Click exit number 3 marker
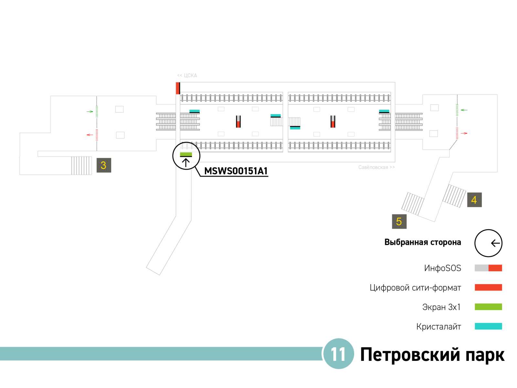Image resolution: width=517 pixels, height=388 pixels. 104,165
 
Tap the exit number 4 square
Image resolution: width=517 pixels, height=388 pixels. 474,200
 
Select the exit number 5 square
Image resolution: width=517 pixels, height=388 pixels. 399,221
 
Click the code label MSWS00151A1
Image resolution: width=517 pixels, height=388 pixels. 236,171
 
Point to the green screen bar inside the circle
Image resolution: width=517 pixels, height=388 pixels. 186,154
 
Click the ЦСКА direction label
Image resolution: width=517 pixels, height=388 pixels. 187,76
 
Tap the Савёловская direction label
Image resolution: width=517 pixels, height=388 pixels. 376,167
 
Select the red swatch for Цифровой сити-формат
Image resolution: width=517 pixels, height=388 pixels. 488,287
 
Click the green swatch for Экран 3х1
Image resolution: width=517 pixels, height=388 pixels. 488,307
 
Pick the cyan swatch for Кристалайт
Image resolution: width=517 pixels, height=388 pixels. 488,326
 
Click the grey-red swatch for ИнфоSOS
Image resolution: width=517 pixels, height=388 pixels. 488,268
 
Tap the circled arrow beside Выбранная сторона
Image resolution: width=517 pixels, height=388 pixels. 488,243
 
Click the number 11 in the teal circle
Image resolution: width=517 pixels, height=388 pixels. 338,354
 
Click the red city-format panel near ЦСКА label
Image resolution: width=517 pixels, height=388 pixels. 178,88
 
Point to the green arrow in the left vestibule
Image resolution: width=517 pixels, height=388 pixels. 90,112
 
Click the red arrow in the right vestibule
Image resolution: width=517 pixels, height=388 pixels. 464,133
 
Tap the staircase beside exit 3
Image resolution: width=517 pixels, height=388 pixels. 81,166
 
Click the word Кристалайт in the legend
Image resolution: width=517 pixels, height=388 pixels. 438,327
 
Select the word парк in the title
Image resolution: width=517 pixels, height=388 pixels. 485,355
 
